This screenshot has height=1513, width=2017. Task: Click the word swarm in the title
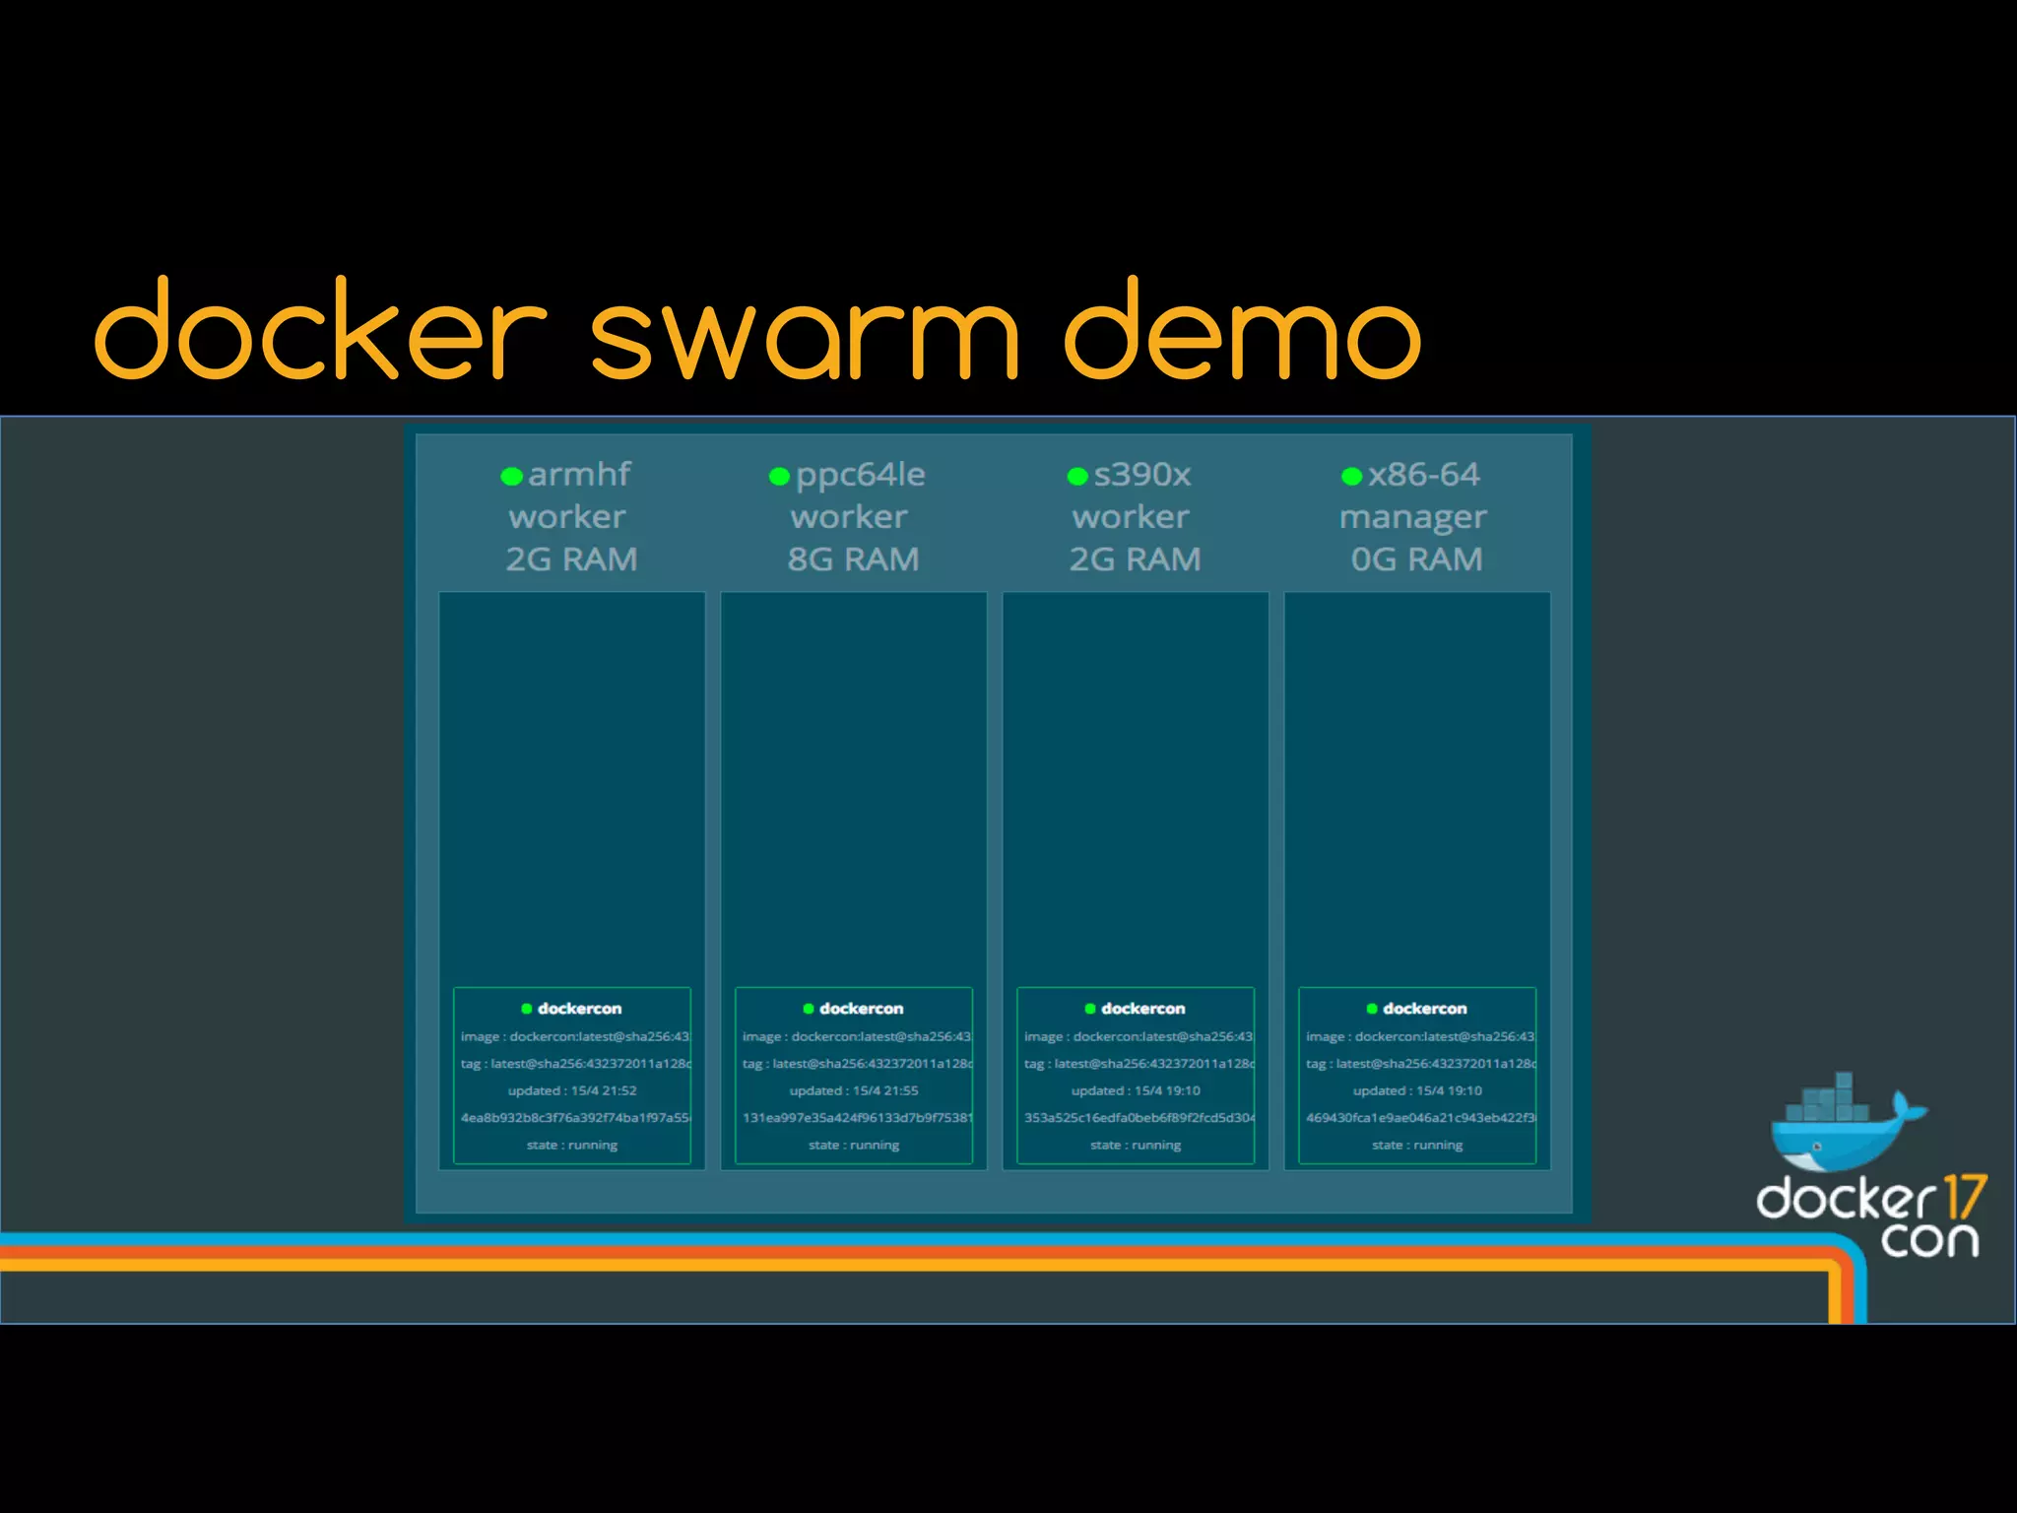click(803, 335)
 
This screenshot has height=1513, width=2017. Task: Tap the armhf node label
click(579, 475)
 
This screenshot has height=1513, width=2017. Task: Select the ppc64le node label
click(860, 475)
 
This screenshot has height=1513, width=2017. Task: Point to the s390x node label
click(1142, 475)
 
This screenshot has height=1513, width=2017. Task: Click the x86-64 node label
click(1423, 475)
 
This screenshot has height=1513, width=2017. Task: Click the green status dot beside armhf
click(511, 477)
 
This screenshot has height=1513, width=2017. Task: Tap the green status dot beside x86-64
click(1351, 477)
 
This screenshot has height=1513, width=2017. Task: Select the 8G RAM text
click(853, 559)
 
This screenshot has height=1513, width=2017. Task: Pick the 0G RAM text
click(1416, 559)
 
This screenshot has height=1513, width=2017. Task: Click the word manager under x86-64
click(1412, 517)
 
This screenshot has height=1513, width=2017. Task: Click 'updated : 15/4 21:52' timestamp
click(572, 1090)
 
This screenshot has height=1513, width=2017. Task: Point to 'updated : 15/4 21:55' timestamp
click(854, 1090)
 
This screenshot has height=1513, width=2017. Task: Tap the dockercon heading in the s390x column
click(1142, 1009)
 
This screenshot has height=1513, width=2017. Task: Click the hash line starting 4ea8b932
click(574, 1118)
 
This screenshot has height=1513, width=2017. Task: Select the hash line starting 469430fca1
click(1419, 1118)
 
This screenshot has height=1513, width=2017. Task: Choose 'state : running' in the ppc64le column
click(854, 1145)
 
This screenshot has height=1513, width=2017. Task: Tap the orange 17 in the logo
click(1965, 1198)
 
